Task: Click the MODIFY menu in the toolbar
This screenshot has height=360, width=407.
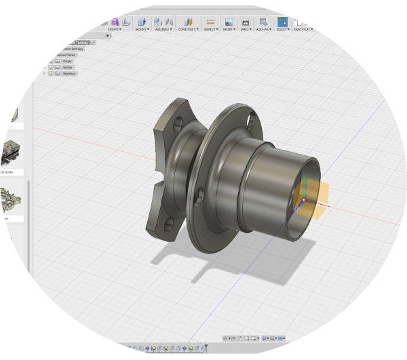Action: (x=142, y=29)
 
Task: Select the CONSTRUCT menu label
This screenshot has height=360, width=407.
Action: (x=188, y=29)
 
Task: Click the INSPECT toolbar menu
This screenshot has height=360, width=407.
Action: (x=211, y=29)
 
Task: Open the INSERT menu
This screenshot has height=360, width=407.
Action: (x=229, y=29)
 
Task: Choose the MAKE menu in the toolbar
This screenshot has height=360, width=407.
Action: (x=245, y=29)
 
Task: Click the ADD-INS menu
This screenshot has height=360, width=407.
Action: (x=263, y=29)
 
